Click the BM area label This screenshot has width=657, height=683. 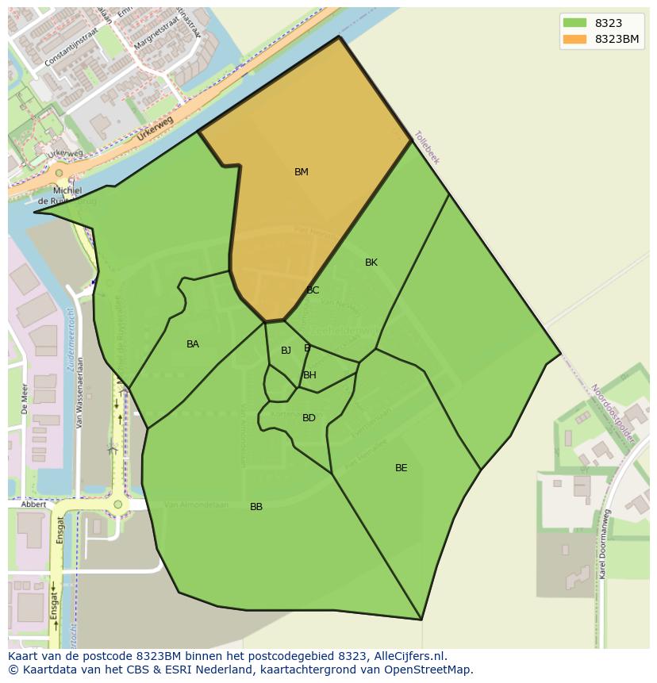[x=302, y=172]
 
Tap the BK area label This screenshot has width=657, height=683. [x=371, y=263]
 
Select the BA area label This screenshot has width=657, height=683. [x=193, y=344]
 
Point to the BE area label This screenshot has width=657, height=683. [x=401, y=468]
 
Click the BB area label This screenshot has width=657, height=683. [x=256, y=507]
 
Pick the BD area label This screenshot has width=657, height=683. [x=309, y=418]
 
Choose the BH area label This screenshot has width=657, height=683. [x=309, y=375]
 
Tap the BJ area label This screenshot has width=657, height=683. [x=286, y=351]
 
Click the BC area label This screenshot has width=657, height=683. [x=313, y=290]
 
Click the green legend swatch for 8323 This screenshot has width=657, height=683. [x=574, y=23]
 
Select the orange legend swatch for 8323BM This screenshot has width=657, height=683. [x=574, y=39]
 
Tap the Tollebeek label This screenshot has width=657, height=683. [x=427, y=148]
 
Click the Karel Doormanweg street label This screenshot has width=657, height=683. [x=604, y=543]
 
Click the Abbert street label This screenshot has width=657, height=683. [x=33, y=505]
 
